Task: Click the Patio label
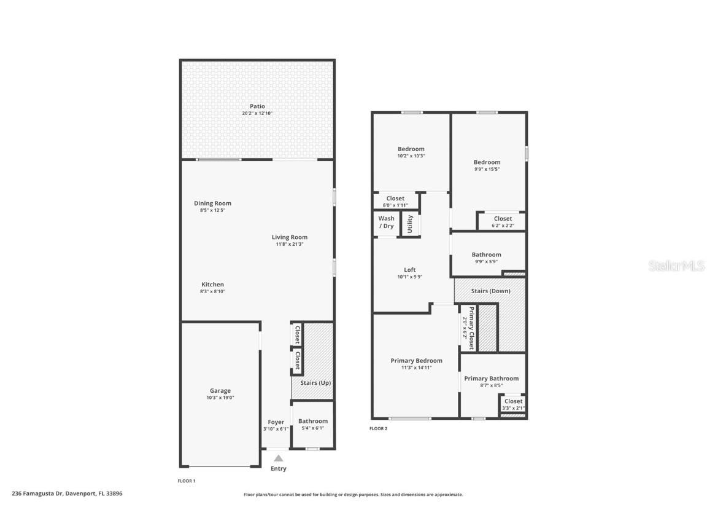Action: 257,106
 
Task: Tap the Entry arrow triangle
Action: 278,458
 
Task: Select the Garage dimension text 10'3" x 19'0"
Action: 220,398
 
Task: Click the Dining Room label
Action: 212,203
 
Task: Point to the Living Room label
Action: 290,237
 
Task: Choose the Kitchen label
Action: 212,285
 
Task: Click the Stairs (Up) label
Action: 315,383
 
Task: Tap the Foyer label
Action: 276,422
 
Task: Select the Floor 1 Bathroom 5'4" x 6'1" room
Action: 313,425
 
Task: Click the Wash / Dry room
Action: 386,222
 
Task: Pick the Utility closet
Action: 410,223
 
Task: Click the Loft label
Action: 409,270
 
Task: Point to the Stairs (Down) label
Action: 490,291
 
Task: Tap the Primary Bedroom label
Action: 416,361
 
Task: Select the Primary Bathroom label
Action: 491,379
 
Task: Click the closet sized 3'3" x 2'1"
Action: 513,404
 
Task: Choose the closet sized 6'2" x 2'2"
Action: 503,222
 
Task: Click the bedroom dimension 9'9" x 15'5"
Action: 487,169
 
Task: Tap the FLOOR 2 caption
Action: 378,428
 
